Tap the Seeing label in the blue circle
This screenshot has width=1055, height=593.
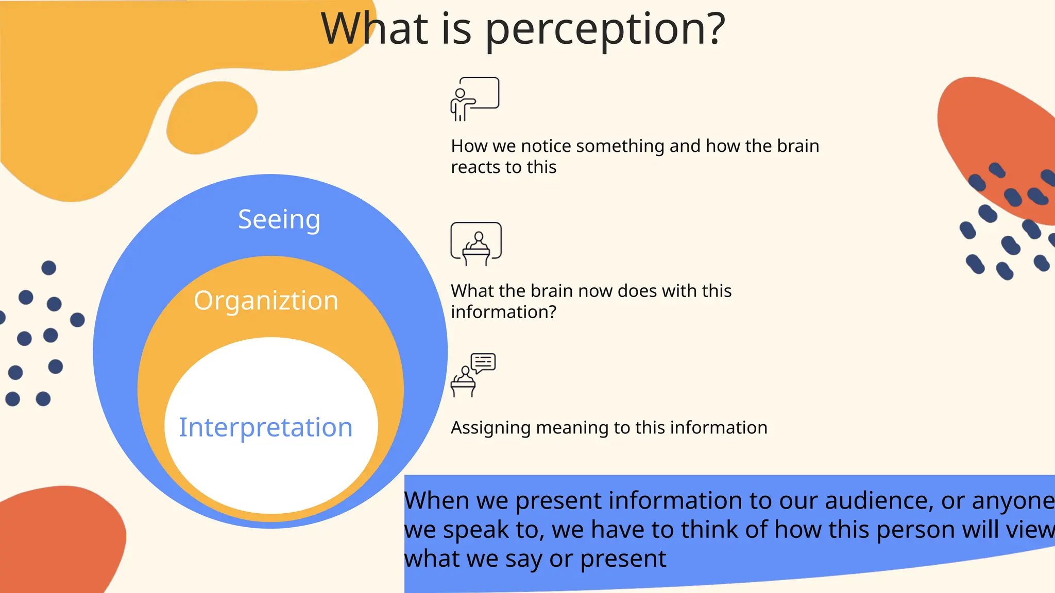click(x=279, y=220)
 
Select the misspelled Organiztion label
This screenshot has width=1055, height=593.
click(x=266, y=301)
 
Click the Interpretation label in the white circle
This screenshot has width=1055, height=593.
click(x=265, y=427)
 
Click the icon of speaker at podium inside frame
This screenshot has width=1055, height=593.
click(x=476, y=244)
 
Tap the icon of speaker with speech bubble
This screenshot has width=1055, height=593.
click(x=473, y=375)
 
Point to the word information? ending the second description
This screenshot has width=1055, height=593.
click(x=503, y=312)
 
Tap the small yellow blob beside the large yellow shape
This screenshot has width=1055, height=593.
click(x=211, y=117)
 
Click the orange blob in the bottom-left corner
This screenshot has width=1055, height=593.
click(x=57, y=540)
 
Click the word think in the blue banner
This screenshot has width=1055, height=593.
click(x=706, y=530)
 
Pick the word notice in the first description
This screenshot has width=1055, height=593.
click(x=546, y=146)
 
